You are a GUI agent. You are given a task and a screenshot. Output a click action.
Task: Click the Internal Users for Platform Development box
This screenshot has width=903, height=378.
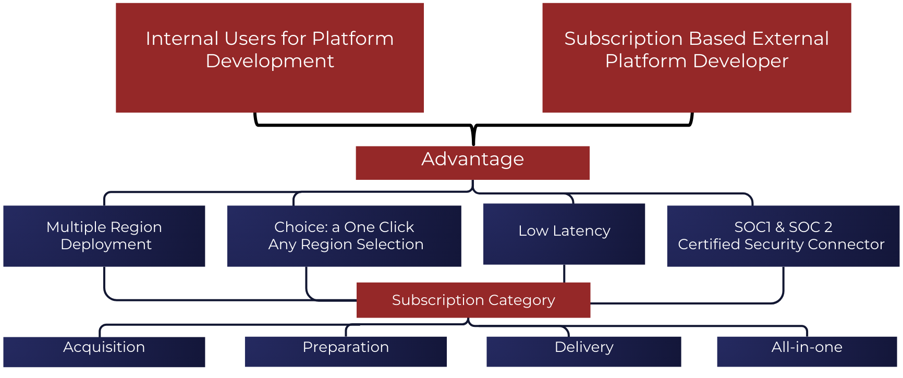tap(270, 58)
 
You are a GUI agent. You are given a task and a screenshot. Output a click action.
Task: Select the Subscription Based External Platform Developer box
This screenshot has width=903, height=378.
tap(697, 58)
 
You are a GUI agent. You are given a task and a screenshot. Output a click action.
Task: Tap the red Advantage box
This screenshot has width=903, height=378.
tap(472, 163)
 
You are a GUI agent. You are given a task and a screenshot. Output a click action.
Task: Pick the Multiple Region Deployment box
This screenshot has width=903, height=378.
tap(104, 236)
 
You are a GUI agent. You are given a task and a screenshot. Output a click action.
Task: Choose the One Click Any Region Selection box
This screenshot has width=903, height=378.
tap(344, 236)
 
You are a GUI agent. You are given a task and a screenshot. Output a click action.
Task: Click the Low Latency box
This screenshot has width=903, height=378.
tap(564, 234)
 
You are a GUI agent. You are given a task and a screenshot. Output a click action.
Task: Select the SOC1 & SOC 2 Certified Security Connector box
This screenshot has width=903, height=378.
tap(783, 236)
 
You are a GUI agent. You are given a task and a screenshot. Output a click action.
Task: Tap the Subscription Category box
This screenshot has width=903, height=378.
tap(473, 300)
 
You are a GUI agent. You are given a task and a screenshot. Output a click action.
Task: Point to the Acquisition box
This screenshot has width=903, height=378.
tap(104, 352)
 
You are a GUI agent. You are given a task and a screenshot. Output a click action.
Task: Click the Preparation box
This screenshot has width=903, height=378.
tap(346, 352)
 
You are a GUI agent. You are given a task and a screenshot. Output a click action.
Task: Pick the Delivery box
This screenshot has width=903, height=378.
tap(584, 352)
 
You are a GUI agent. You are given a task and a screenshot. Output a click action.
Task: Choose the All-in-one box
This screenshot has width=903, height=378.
tap(807, 352)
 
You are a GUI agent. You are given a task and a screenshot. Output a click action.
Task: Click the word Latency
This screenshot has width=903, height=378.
tap(581, 231)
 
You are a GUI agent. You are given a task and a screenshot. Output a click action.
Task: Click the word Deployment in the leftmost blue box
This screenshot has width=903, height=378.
tap(106, 245)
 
